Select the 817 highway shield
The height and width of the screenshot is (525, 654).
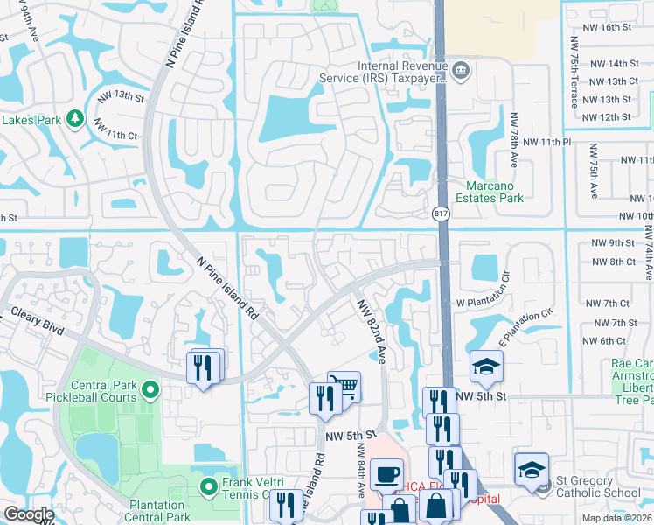[x=441, y=213]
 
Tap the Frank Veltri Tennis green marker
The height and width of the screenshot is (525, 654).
[x=208, y=486]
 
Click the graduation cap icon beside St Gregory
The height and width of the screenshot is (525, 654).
[x=532, y=470]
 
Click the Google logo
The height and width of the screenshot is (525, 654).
[x=29, y=514]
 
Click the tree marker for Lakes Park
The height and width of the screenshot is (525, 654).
[x=75, y=117]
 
